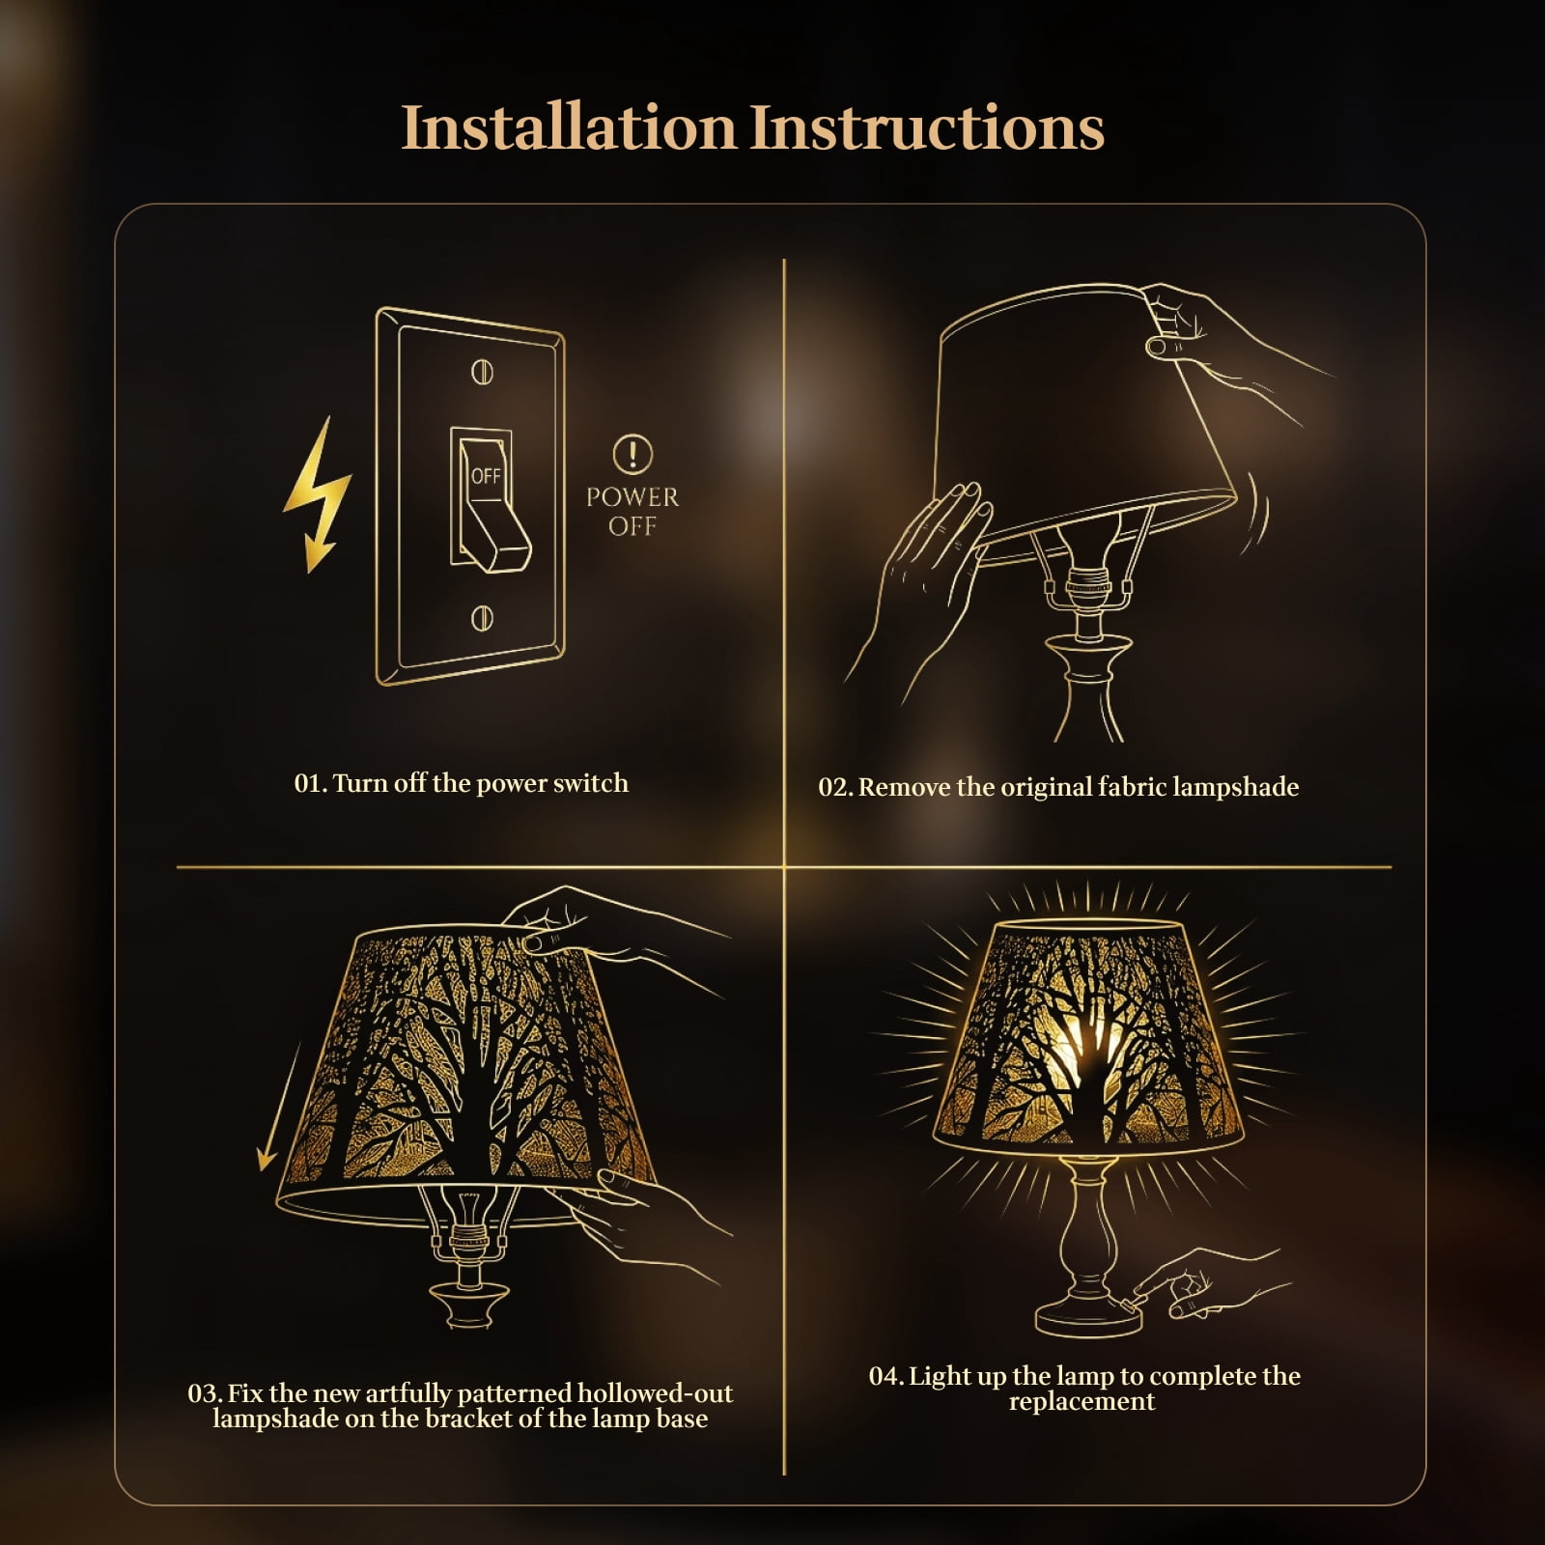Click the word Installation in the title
click(569, 126)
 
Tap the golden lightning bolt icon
click(317, 494)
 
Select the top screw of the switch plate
click(482, 371)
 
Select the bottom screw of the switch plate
click(482, 618)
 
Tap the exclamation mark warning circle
click(632, 453)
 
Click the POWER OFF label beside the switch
click(632, 512)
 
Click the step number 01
click(310, 783)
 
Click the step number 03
click(205, 1394)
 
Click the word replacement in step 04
click(1081, 1402)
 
